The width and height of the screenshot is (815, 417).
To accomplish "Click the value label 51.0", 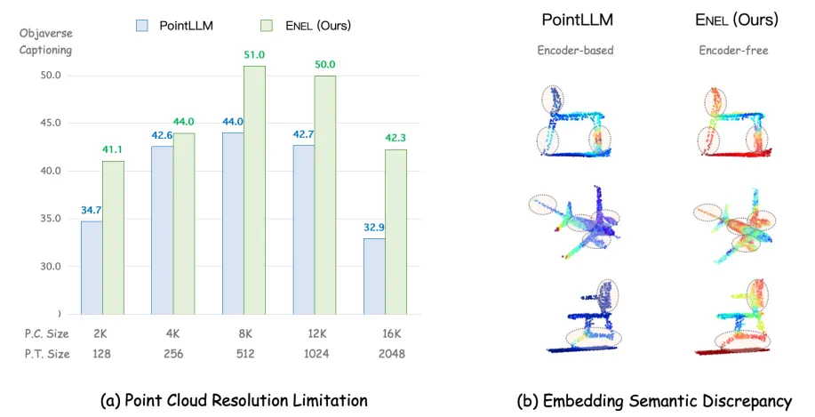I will [255, 55].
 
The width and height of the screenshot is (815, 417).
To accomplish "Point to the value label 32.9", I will [373, 228].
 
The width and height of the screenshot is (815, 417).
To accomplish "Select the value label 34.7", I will [92, 211].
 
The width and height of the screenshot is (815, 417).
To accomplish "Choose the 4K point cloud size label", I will [173, 334].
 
